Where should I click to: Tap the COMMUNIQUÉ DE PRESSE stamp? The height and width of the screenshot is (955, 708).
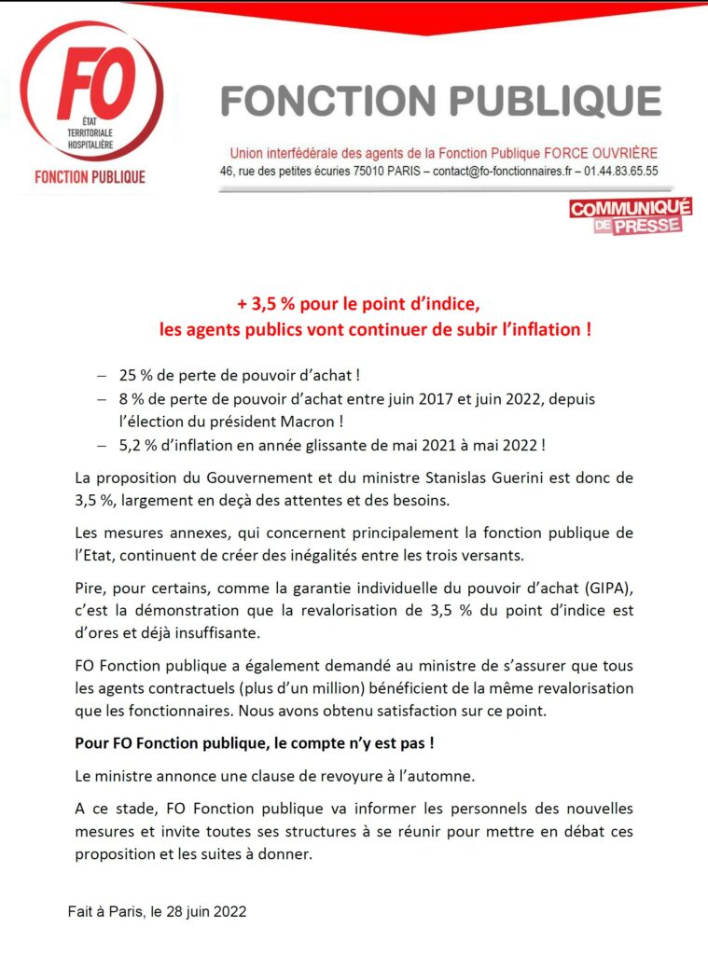pyautogui.click(x=630, y=215)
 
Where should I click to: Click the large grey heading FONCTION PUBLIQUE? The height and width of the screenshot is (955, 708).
pyautogui.click(x=441, y=101)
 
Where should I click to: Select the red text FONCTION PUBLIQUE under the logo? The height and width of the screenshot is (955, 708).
pyautogui.click(x=90, y=177)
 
